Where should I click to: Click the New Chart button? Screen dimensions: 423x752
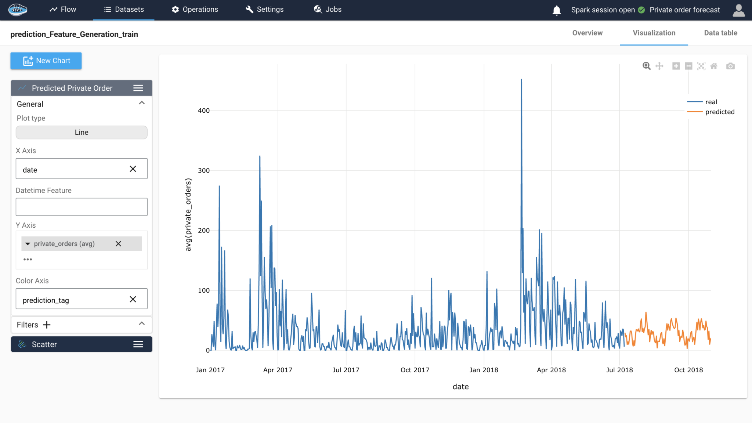point(46,61)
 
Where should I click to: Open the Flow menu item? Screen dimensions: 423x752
point(63,10)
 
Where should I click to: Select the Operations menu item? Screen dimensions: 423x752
point(195,10)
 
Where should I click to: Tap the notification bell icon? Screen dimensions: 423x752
point(556,10)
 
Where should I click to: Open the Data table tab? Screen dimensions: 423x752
point(720,33)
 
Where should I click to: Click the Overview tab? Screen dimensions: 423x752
point(587,33)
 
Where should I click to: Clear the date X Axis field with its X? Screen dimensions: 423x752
point(133,169)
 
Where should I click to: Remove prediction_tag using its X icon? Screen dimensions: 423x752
point(133,299)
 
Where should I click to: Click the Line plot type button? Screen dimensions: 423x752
point(82,133)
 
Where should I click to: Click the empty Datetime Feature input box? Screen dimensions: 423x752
point(82,207)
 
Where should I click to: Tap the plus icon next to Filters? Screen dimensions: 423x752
point(47,325)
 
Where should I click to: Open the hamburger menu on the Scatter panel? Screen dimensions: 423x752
point(138,344)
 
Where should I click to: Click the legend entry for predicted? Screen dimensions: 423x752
point(719,112)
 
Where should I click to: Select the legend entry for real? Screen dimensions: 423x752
point(711,102)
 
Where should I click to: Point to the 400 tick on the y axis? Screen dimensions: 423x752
point(203,111)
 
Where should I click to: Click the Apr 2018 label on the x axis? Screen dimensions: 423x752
point(551,370)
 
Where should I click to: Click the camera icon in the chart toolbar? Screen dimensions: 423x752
point(730,66)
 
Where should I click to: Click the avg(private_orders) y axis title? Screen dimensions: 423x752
point(188,215)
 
